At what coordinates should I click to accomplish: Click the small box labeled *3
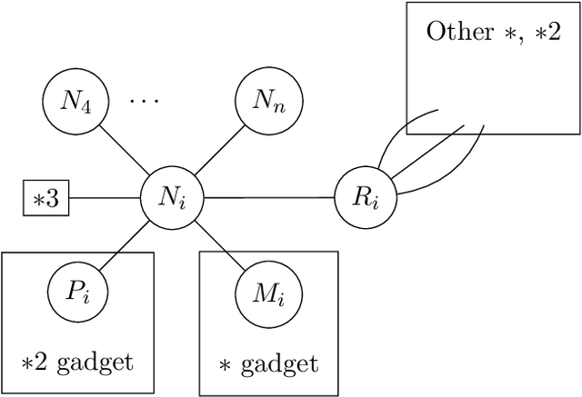[45, 198]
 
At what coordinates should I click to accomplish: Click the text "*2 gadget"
[77, 362]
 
